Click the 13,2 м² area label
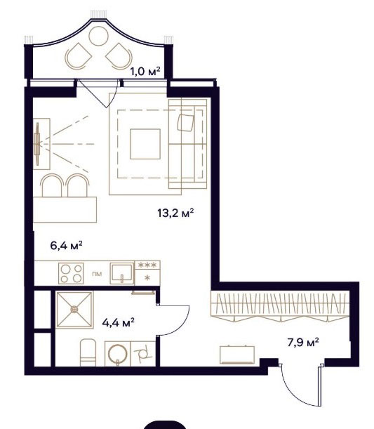(x=175, y=213)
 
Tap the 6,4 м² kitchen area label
(x=66, y=245)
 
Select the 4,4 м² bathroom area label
(x=118, y=322)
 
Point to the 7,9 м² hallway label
(x=303, y=342)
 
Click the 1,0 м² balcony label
(x=145, y=72)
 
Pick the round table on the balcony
(x=99, y=36)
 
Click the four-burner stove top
(x=71, y=273)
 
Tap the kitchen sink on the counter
(x=122, y=273)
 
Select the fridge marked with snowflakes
(x=147, y=273)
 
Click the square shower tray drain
(x=74, y=310)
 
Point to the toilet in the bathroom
(x=88, y=352)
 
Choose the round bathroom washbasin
(x=118, y=354)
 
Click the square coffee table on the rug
(x=145, y=144)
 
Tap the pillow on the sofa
(x=186, y=123)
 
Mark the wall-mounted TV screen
(x=37, y=144)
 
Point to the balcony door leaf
(x=92, y=93)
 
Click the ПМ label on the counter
(x=98, y=274)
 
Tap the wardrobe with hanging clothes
(x=280, y=305)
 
